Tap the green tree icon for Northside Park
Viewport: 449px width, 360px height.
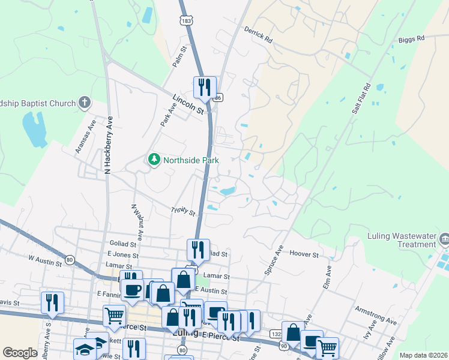point(154,160)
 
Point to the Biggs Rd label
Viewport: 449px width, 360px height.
point(411,38)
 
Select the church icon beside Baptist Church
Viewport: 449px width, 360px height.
point(85,103)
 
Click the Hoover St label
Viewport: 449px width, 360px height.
point(304,254)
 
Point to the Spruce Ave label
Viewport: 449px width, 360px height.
point(274,260)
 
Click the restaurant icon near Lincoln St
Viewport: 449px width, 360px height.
point(204,88)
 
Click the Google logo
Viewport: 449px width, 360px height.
point(20,353)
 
